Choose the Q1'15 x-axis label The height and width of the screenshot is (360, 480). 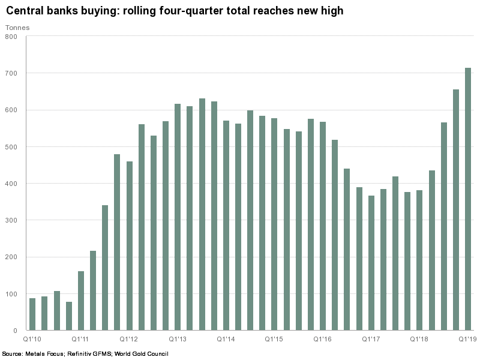[x=274, y=339]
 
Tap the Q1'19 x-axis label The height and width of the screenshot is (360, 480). [x=468, y=339]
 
